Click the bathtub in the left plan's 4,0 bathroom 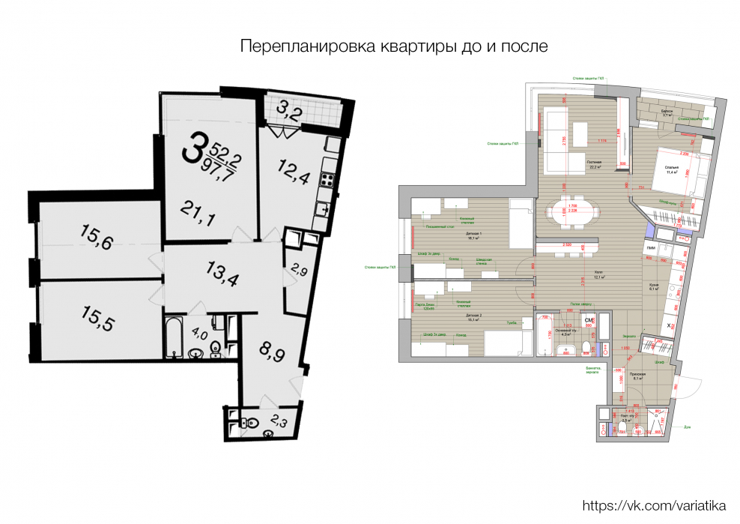[172, 338]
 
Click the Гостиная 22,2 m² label [594, 164]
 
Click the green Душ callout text [687, 427]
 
